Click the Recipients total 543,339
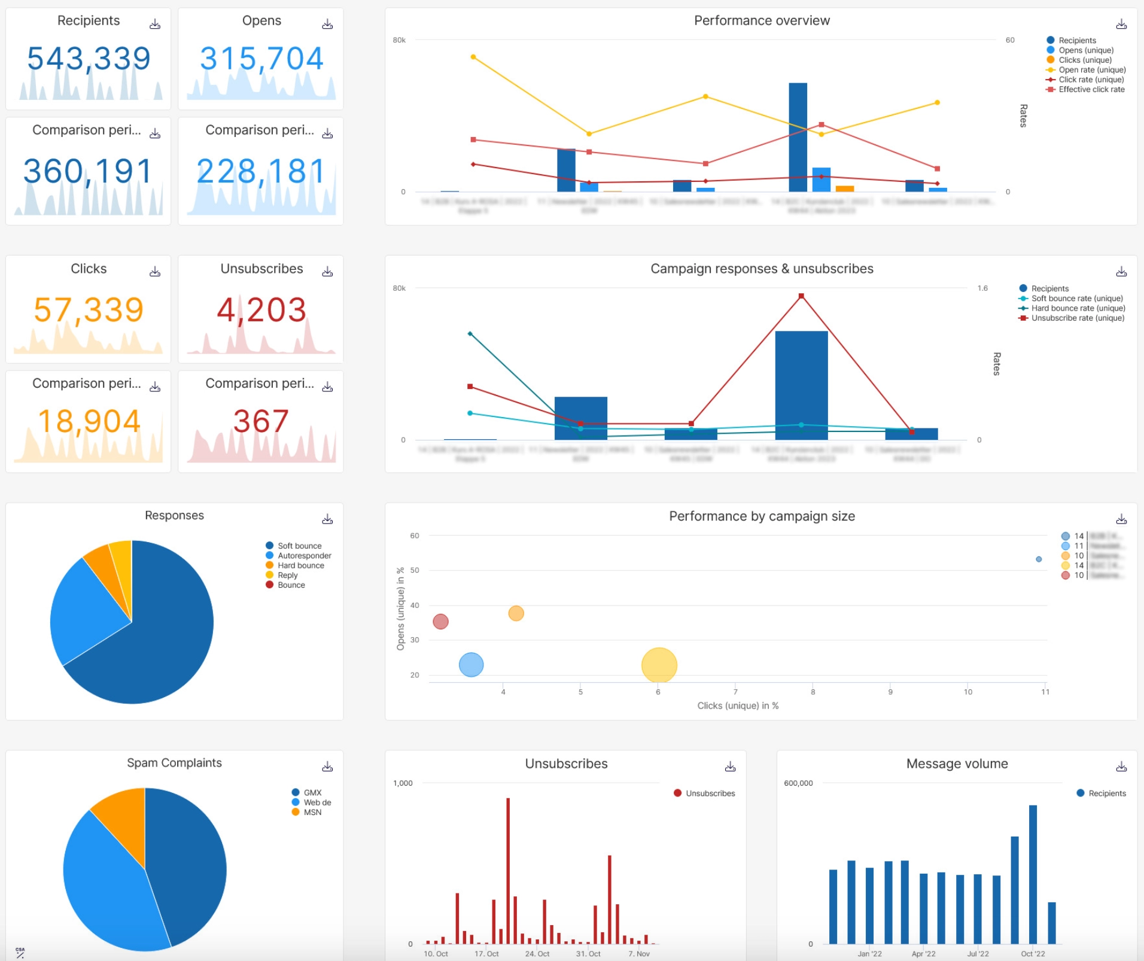point(89,59)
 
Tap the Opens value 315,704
point(261,59)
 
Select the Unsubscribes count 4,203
point(261,310)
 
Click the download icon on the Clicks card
point(155,272)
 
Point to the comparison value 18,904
point(89,421)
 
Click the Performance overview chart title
point(761,21)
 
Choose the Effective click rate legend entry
point(1091,89)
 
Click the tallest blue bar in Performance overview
point(798,138)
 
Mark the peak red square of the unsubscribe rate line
point(801,296)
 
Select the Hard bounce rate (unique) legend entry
point(1078,308)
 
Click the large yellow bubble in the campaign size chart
point(659,665)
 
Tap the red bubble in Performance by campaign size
point(440,622)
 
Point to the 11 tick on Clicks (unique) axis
point(1045,692)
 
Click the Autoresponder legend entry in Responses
point(304,555)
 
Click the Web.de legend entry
point(317,802)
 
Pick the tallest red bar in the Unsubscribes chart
point(508,871)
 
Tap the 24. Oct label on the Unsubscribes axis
point(537,954)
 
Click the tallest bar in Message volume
point(1033,874)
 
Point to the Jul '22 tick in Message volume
point(978,954)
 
